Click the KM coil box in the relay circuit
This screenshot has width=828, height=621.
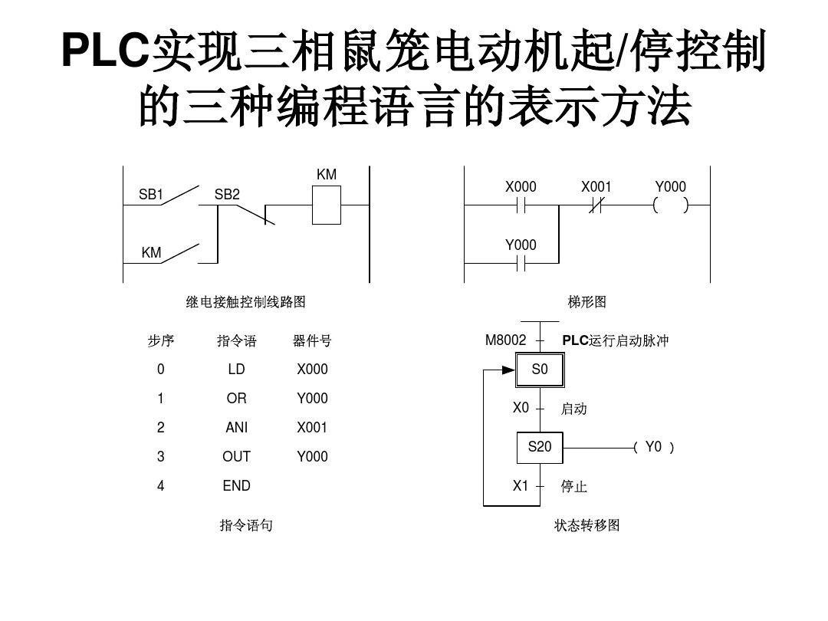tap(326, 205)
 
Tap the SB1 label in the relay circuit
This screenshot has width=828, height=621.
tap(151, 195)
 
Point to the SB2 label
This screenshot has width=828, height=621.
tap(227, 195)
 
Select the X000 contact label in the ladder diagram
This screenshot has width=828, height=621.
tap(521, 187)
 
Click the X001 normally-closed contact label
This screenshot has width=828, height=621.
tap(596, 187)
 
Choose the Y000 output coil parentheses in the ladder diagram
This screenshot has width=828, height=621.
tap(670, 205)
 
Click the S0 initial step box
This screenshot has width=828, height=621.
tap(540, 370)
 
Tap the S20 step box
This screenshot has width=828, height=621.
tap(540, 447)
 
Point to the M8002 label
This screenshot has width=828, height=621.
tap(506, 340)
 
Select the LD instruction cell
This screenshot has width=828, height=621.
tap(236, 370)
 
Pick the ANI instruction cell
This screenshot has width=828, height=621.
tap(236, 428)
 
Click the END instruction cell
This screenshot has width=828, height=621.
tap(236, 486)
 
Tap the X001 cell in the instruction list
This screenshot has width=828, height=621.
tap(312, 428)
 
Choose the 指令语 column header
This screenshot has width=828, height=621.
tap(236, 341)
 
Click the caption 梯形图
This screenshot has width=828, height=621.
tap(587, 302)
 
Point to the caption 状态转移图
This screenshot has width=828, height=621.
tap(587, 525)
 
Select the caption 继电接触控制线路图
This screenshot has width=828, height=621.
tap(246, 302)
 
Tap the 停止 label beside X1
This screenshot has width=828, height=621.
tap(573, 487)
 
